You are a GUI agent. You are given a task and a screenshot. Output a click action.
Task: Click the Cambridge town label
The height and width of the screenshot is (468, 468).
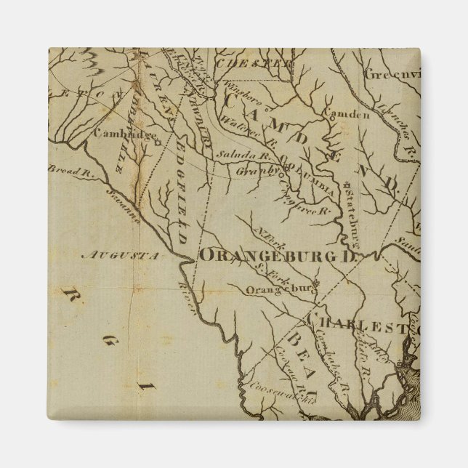(x=125, y=134)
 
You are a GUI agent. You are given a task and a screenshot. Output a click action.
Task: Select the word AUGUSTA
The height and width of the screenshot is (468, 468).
(x=120, y=256)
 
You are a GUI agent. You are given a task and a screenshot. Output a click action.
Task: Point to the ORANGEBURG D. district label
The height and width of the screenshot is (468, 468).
(x=281, y=256)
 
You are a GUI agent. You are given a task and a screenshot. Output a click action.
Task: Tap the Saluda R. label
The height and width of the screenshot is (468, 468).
(x=233, y=155)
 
